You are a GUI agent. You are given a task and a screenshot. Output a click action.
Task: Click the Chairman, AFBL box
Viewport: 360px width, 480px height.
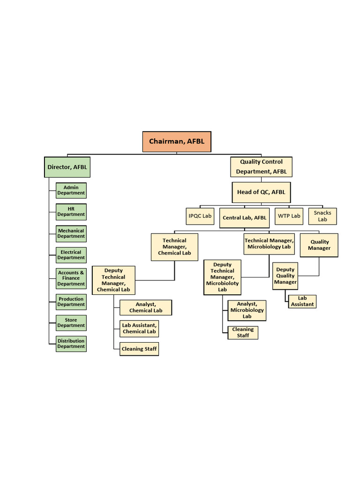click(x=177, y=142)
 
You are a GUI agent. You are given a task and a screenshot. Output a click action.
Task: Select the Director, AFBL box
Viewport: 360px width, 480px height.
click(x=67, y=167)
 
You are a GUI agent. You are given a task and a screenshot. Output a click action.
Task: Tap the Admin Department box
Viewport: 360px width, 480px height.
click(x=71, y=190)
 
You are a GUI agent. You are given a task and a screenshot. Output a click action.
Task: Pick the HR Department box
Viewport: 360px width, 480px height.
click(x=71, y=212)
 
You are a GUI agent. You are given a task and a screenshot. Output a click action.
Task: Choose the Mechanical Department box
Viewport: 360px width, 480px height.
click(x=71, y=233)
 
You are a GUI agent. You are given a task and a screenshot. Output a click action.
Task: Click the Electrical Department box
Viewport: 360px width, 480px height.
click(x=71, y=255)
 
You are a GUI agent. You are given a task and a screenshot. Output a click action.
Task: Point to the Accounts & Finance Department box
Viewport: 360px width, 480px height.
click(x=71, y=278)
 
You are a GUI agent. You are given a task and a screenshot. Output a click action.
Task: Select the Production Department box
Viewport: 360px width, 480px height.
click(x=71, y=302)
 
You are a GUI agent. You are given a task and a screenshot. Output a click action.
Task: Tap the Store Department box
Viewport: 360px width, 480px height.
click(x=71, y=323)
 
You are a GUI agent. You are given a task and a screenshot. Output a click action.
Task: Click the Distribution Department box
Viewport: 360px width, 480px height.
click(x=71, y=344)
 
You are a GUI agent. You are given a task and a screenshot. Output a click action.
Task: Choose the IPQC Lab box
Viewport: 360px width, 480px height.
click(x=200, y=216)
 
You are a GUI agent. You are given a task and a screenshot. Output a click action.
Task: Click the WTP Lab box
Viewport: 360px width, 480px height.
click(x=289, y=216)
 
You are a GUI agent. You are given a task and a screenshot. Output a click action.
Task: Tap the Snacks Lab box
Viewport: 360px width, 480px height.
click(x=322, y=216)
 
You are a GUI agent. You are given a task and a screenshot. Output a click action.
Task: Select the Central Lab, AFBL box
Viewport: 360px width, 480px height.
click(x=244, y=218)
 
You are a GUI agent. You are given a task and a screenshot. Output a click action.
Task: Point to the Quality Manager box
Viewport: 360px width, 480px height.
click(x=319, y=245)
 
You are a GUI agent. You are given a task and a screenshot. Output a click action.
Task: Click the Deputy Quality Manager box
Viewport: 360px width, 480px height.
click(x=285, y=276)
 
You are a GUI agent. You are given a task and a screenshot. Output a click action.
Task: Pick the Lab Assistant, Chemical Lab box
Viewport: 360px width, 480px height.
click(x=139, y=329)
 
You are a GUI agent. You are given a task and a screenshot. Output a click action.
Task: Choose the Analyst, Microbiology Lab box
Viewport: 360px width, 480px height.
click(x=247, y=310)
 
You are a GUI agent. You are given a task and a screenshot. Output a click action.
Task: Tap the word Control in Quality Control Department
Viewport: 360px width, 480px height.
click(x=272, y=162)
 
